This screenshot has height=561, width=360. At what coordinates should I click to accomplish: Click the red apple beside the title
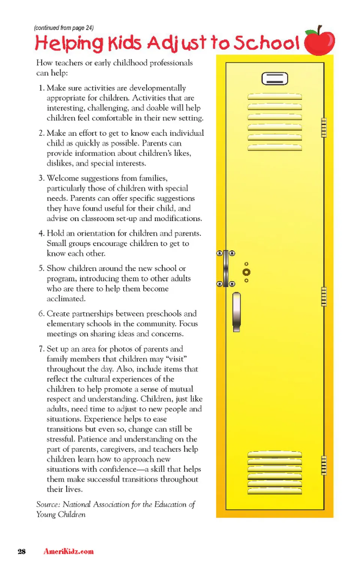pyautogui.click(x=319, y=42)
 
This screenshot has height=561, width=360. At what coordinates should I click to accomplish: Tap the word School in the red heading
pyautogui.click(x=267, y=43)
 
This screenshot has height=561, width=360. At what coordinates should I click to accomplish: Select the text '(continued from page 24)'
pyautogui.click(x=64, y=28)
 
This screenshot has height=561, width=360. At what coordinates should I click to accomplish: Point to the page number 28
pyautogui.click(x=22, y=551)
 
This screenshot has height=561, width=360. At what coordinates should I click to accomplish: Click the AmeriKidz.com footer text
pyautogui.click(x=69, y=551)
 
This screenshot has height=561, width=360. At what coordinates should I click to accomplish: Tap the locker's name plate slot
pyautogui.click(x=274, y=79)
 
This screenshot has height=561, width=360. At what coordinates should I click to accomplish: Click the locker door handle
pyautogui.click(x=237, y=312)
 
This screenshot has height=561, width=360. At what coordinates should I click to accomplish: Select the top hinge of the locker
pyautogui.click(x=324, y=127)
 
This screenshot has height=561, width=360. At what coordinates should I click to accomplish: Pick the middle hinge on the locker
pyautogui.click(x=324, y=296)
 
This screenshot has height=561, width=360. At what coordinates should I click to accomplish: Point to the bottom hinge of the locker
pyautogui.click(x=324, y=465)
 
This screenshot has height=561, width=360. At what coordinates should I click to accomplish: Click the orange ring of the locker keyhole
pyautogui.click(x=246, y=272)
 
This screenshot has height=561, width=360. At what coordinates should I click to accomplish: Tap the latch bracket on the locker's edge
pyautogui.click(x=226, y=268)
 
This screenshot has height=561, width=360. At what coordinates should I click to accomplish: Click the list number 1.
pyautogui.click(x=41, y=88)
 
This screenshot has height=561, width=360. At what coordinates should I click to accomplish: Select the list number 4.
pyautogui.click(x=41, y=233)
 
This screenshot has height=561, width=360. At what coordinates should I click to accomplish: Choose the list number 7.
pyautogui.click(x=41, y=349)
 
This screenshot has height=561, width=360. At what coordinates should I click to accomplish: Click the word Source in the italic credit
pyautogui.click(x=48, y=504)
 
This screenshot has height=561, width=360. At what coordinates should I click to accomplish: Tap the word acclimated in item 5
pyautogui.click(x=66, y=299)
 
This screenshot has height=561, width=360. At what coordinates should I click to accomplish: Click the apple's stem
pyautogui.click(x=319, y=29)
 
